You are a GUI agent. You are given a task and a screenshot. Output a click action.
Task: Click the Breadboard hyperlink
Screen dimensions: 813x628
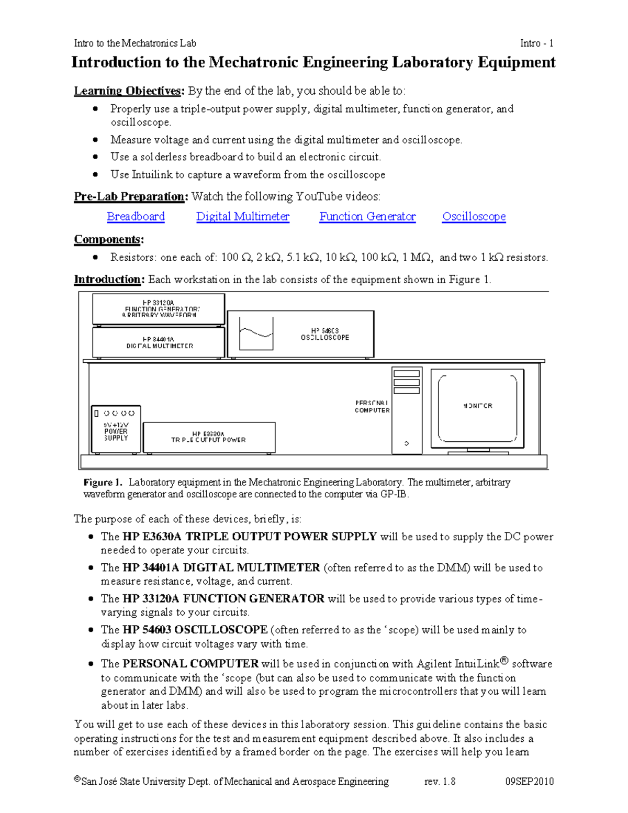pos(136,216)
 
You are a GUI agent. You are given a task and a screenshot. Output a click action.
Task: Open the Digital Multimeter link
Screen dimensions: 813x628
pos(242,216)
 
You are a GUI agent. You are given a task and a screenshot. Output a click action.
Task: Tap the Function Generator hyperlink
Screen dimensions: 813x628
pos(367,216)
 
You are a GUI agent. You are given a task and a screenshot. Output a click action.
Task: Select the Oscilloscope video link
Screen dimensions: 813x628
pos(474,216)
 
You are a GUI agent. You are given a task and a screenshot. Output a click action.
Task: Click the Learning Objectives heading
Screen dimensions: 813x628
pos(128,91)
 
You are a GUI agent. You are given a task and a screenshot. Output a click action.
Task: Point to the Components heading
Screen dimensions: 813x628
pos(108,239)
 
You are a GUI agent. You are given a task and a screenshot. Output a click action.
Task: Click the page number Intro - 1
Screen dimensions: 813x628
pos(536,43)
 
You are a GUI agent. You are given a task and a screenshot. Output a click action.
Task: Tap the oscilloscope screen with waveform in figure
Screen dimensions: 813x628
pos(256,333)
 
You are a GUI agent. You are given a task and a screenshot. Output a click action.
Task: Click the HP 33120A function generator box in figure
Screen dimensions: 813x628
pos(159,309)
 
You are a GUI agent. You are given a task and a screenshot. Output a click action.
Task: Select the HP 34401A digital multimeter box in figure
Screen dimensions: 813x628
pos(159,342)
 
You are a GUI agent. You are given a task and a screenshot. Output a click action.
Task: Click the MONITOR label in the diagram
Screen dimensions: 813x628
pos(477,406)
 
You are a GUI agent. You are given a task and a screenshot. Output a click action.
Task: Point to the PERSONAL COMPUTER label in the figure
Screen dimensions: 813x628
pos(372,407)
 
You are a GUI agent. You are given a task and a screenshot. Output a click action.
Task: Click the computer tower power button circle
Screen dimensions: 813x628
pos(407,443)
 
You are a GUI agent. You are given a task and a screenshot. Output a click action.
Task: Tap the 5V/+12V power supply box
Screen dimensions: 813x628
pos(116,429)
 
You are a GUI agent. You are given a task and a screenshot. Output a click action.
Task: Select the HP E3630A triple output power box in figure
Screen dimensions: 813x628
pos(209,437)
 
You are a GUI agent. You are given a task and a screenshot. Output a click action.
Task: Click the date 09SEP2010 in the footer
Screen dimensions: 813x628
pos(529,782)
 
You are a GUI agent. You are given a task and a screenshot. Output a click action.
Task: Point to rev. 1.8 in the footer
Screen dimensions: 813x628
pos(440,782)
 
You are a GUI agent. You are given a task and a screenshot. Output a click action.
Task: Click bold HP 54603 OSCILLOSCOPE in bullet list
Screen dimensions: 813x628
pos(195,630)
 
